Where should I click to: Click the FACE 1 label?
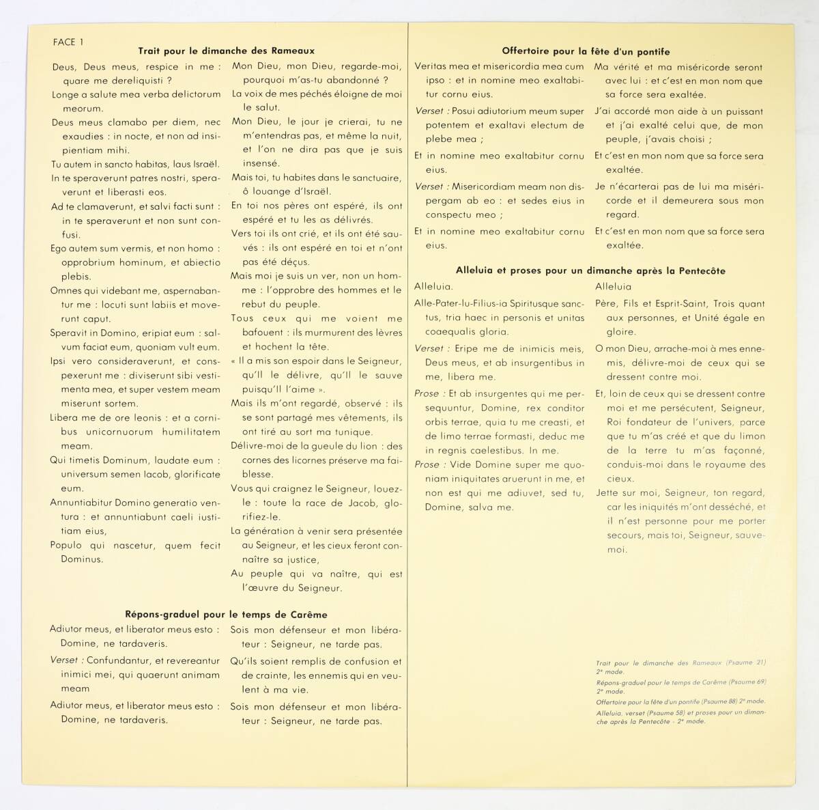(x=68, y=42)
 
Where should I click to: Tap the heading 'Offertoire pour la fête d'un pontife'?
(x=586, y=51)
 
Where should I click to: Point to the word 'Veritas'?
(x=432, y=67)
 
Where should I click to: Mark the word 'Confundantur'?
(x=119, y=661)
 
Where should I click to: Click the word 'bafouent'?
(x=253, y=333)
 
